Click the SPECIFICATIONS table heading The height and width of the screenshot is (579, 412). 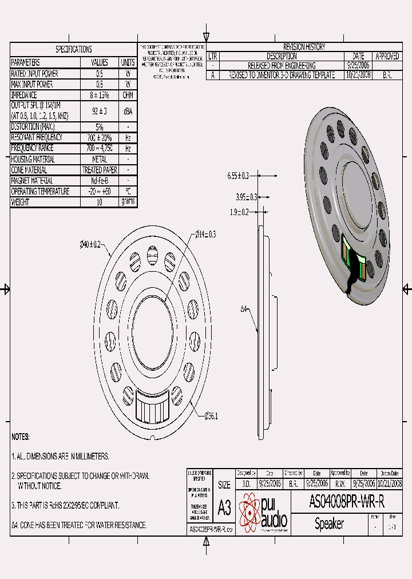73,50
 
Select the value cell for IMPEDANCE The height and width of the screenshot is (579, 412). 100,95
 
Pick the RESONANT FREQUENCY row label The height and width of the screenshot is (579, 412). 38,137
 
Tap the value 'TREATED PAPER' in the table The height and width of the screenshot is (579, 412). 100,170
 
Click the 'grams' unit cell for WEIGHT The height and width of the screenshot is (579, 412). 128,202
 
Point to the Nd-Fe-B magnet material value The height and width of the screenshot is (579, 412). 100,181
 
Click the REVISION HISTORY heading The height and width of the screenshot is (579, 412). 304,47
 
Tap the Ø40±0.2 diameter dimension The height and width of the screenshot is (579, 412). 90,244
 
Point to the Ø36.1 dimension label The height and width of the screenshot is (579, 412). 211,416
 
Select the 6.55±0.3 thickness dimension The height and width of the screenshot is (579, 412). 238,175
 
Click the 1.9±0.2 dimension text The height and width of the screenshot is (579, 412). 239,212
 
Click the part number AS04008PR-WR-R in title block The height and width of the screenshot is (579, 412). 346,502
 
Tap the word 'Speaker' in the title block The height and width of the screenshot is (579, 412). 329,524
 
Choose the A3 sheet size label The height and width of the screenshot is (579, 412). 224,507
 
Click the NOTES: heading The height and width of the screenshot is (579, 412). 21,437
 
